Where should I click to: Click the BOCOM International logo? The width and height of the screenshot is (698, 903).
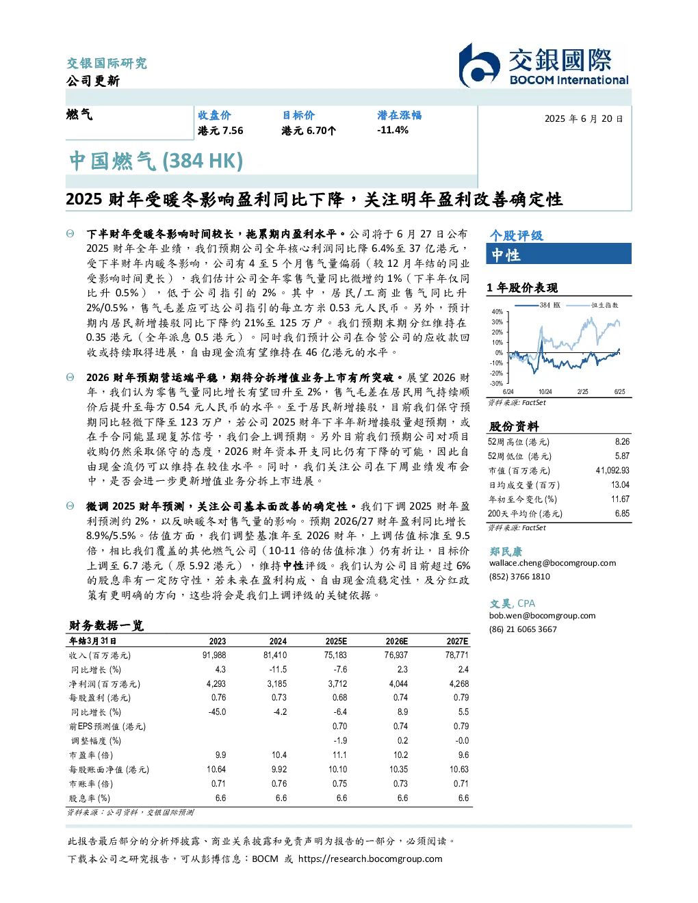point(543,65)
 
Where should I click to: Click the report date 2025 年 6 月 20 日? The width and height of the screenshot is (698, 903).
point(584,119)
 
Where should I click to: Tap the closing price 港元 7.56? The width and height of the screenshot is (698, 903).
point(220,131)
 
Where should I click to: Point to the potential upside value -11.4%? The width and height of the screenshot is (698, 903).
point(393,130)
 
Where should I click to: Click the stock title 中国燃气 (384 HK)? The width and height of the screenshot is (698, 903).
point(156,161)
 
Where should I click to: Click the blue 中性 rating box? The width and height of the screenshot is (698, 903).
point(558,254)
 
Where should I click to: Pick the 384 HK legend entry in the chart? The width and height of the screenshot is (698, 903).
point(538,305)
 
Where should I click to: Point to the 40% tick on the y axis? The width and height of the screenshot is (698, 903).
point(497,312)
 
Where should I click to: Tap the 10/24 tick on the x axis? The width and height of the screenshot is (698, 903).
point(545,391)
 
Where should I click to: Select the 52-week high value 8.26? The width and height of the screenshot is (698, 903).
point(622,441)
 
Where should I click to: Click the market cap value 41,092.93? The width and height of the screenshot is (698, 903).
point(612,470)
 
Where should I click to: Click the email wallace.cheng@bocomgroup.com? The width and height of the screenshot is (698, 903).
point(552,562)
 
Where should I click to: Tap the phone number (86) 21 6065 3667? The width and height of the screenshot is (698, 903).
point(523,629)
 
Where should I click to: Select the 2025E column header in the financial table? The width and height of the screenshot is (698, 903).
point(336,641)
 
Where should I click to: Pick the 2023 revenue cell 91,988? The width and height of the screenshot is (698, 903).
point(214,655)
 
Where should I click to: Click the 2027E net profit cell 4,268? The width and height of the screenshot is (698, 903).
point(459,683)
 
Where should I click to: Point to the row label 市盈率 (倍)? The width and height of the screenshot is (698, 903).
point(91,755)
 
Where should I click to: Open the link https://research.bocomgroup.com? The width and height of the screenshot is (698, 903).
point(370,859)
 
